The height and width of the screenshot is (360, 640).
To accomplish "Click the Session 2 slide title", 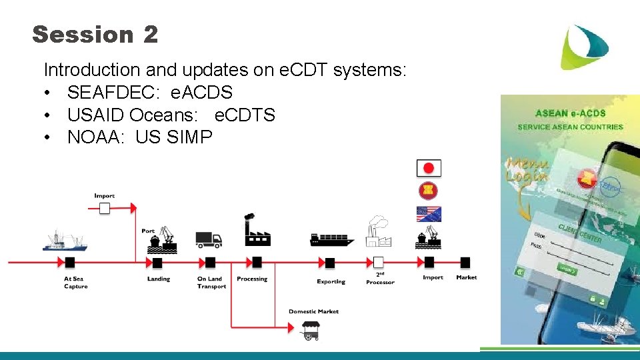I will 95,34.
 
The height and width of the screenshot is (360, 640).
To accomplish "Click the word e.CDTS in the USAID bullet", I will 245,115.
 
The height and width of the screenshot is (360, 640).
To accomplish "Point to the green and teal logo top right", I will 584,47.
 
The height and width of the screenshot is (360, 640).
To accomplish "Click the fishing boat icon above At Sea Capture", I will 65,241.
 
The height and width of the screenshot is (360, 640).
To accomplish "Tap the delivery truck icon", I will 209,239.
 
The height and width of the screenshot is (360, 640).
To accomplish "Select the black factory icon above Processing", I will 257,231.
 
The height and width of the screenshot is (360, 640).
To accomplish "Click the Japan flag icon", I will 429,168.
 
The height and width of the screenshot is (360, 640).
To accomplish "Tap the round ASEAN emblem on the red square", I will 429,191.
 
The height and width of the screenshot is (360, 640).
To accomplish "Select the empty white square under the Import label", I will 104,209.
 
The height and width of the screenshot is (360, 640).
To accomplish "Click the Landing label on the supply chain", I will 159,279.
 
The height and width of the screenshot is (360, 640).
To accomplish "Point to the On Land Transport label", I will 211,283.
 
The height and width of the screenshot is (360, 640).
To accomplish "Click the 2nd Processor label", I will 380,279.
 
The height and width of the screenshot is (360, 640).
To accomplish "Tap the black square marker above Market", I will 465,262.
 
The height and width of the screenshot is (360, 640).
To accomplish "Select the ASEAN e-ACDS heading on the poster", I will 570,114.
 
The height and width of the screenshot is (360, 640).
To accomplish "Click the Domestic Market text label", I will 313,311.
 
